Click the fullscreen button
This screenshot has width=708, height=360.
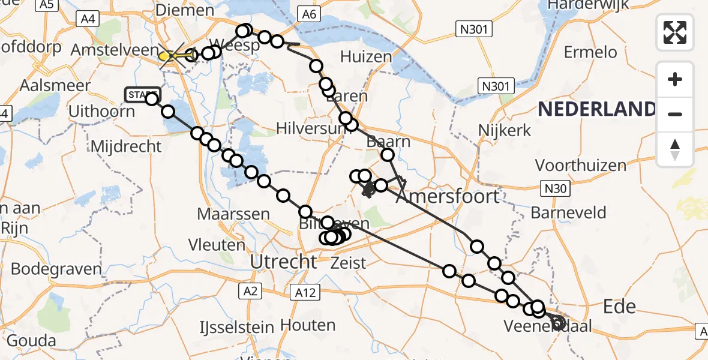coord(675,32)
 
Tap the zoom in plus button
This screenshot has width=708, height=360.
coord(675,79)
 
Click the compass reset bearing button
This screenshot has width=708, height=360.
coord(675,149)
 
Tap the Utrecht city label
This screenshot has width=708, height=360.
coord(283,262)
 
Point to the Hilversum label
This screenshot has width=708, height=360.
coord(311,128)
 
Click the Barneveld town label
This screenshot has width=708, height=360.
coord(568,212)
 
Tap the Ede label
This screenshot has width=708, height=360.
coord(619,307)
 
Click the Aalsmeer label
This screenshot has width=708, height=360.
coord(46,85)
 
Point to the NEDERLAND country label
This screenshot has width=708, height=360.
coord(597,109)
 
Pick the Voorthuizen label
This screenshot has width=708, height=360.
coord(580,165)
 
